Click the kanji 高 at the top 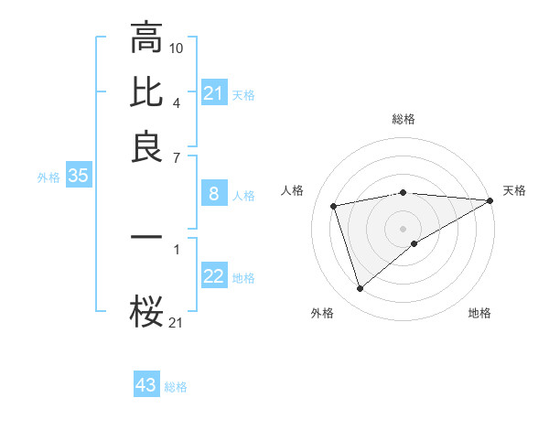click(x=146, y=38)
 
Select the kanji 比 click(x=146, y=93)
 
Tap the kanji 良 click(x=146, y=147)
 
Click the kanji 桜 click(x=146, y=314)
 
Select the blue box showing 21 click(x=213, y=93)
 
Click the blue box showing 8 click(x=213, y=194)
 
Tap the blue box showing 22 click(x=213, y=277)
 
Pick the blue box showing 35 click(x=78, y=177)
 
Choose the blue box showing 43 click(x=145, y=385)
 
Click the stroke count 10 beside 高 click(x=177, y=48)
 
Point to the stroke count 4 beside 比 click(x=177, y=102)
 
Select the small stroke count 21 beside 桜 click(x=176, y=322)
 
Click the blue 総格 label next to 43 click(x=176, y=387)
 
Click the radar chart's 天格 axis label click(x=514, y=190)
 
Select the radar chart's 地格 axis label click(x=479, y=313)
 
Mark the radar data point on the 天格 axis click(x=490, y=200)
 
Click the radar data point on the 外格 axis click(x=360, y=289)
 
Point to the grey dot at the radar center click(x=403, y=228)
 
